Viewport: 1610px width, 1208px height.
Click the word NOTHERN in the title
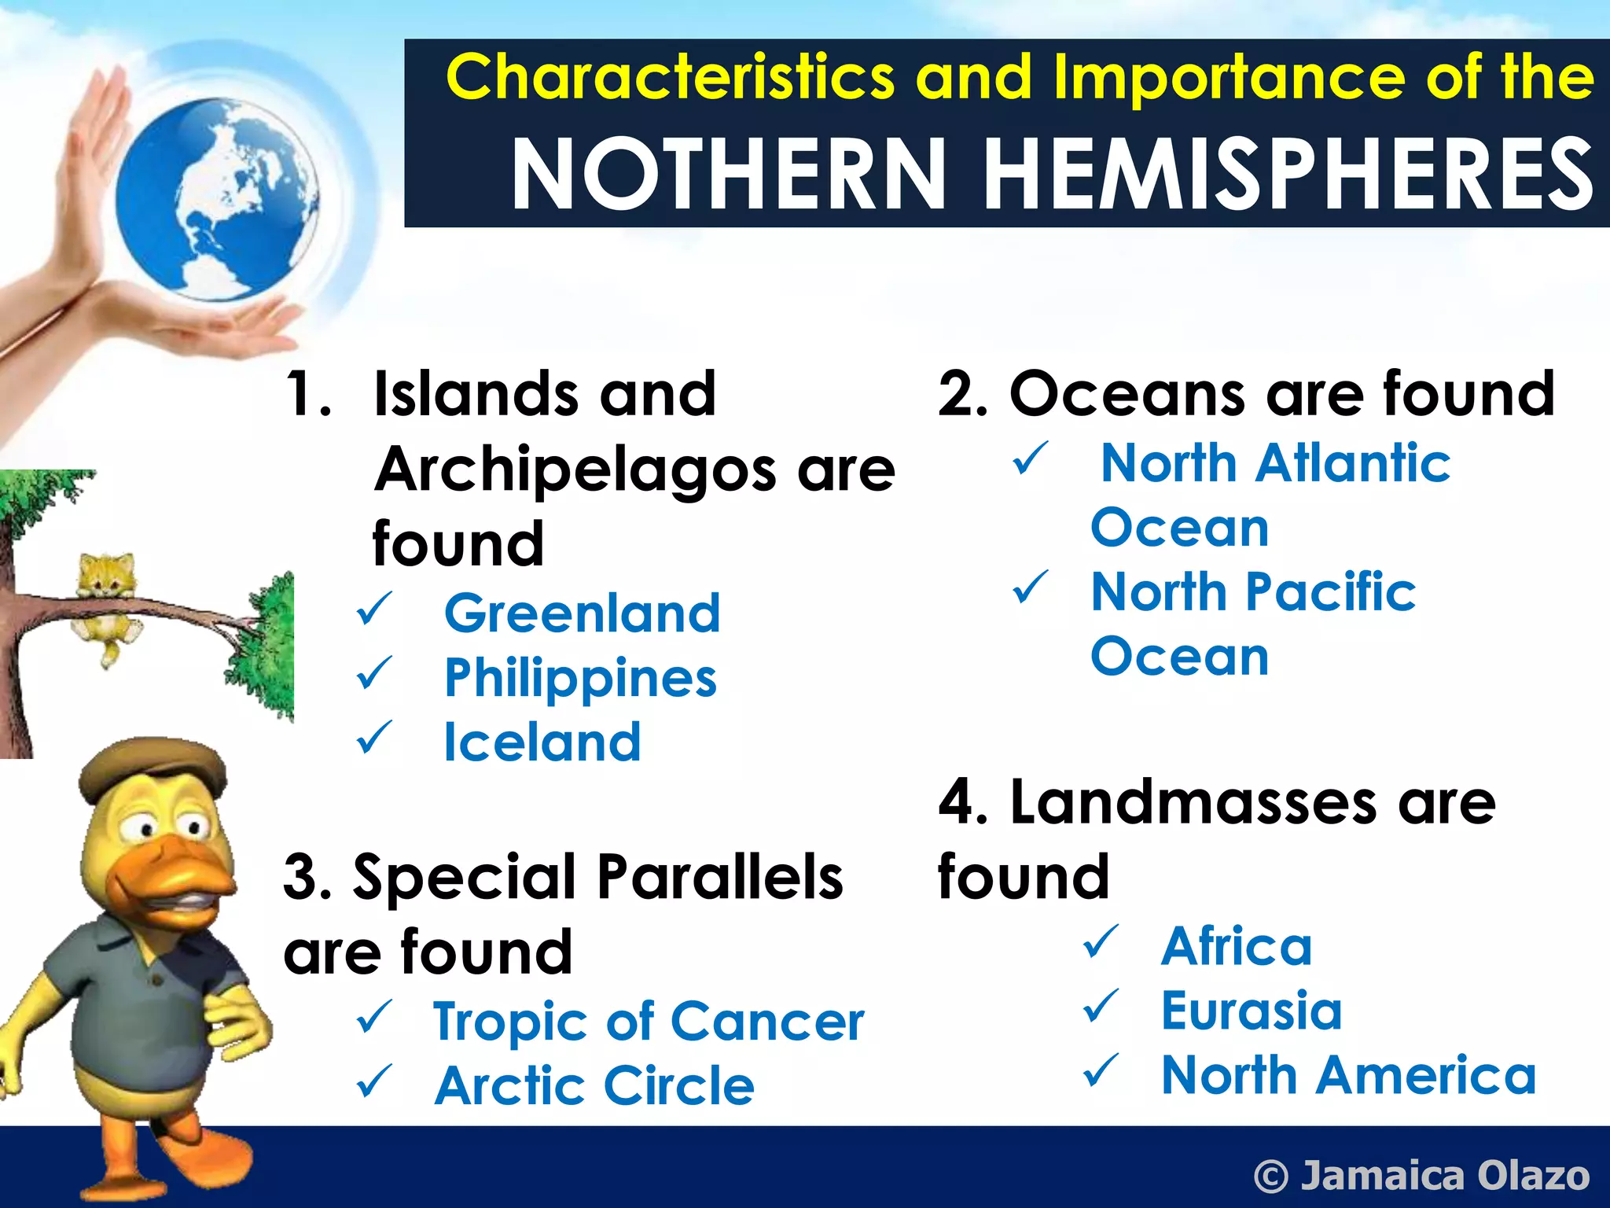tap(728, 175)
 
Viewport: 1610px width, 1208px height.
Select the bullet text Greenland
tap(582, 613)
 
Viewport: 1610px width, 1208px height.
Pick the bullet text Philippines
tap(580, 679)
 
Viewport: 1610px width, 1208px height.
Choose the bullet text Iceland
tap(542, 742)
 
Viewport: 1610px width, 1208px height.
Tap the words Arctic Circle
tap(594, 1086)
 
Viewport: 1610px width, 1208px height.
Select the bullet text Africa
tap(1237, 946)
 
